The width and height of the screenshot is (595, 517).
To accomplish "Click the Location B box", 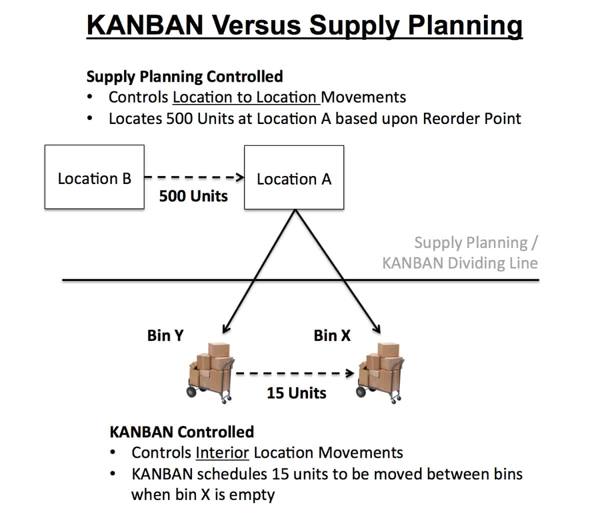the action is click(x=94, y=177).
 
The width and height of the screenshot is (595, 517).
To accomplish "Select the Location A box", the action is click(x=294, y=177).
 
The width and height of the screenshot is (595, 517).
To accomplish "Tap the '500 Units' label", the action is click(x=193, y=196).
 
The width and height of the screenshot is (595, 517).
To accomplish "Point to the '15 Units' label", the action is click(x=296, y=393).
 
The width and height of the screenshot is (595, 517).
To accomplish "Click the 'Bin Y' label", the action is click(x=165, y=335).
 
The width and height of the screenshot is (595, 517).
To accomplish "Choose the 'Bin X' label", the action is click(x=332, y=335).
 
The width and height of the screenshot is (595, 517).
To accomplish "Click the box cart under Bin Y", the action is click(x=210, y=373).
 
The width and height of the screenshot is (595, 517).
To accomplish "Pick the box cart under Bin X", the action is click(x=380, y=373).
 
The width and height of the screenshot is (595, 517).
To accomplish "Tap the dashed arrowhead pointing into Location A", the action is click(x=240, y=177).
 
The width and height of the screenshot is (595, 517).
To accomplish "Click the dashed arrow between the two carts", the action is click(x=295, y=373).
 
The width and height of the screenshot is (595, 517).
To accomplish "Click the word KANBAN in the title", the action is click(x=145, y=25).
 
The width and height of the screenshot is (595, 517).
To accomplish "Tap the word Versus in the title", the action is click(x=256, y=25).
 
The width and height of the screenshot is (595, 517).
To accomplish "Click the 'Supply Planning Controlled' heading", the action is click(x=185, y=76).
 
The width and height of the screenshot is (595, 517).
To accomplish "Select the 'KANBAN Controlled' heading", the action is click(x=182, y=432).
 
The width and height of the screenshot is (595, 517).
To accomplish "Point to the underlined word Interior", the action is click(x=222, y=453).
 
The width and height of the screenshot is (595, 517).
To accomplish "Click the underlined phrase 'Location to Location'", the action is click(x=245, y=97).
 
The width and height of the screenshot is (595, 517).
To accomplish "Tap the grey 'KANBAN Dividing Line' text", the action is click(x=460, y=263).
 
